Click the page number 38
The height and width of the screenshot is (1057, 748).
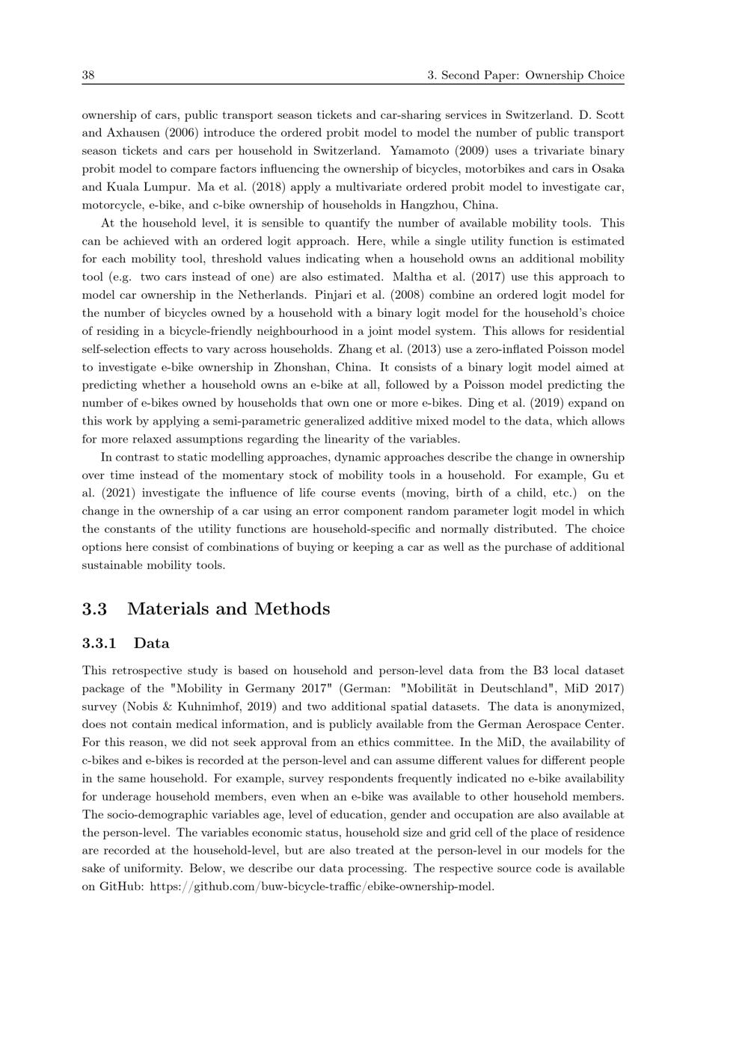[88, 75]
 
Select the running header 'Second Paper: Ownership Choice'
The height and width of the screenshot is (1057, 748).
[533, 75]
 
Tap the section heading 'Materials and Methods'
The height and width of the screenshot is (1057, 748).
[228, 608]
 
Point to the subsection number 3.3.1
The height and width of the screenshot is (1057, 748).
[99, 644]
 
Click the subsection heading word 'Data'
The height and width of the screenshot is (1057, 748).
[152, 644]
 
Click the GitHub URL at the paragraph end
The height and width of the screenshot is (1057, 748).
[322, 887]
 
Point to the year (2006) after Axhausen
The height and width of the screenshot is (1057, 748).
[180, 133]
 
